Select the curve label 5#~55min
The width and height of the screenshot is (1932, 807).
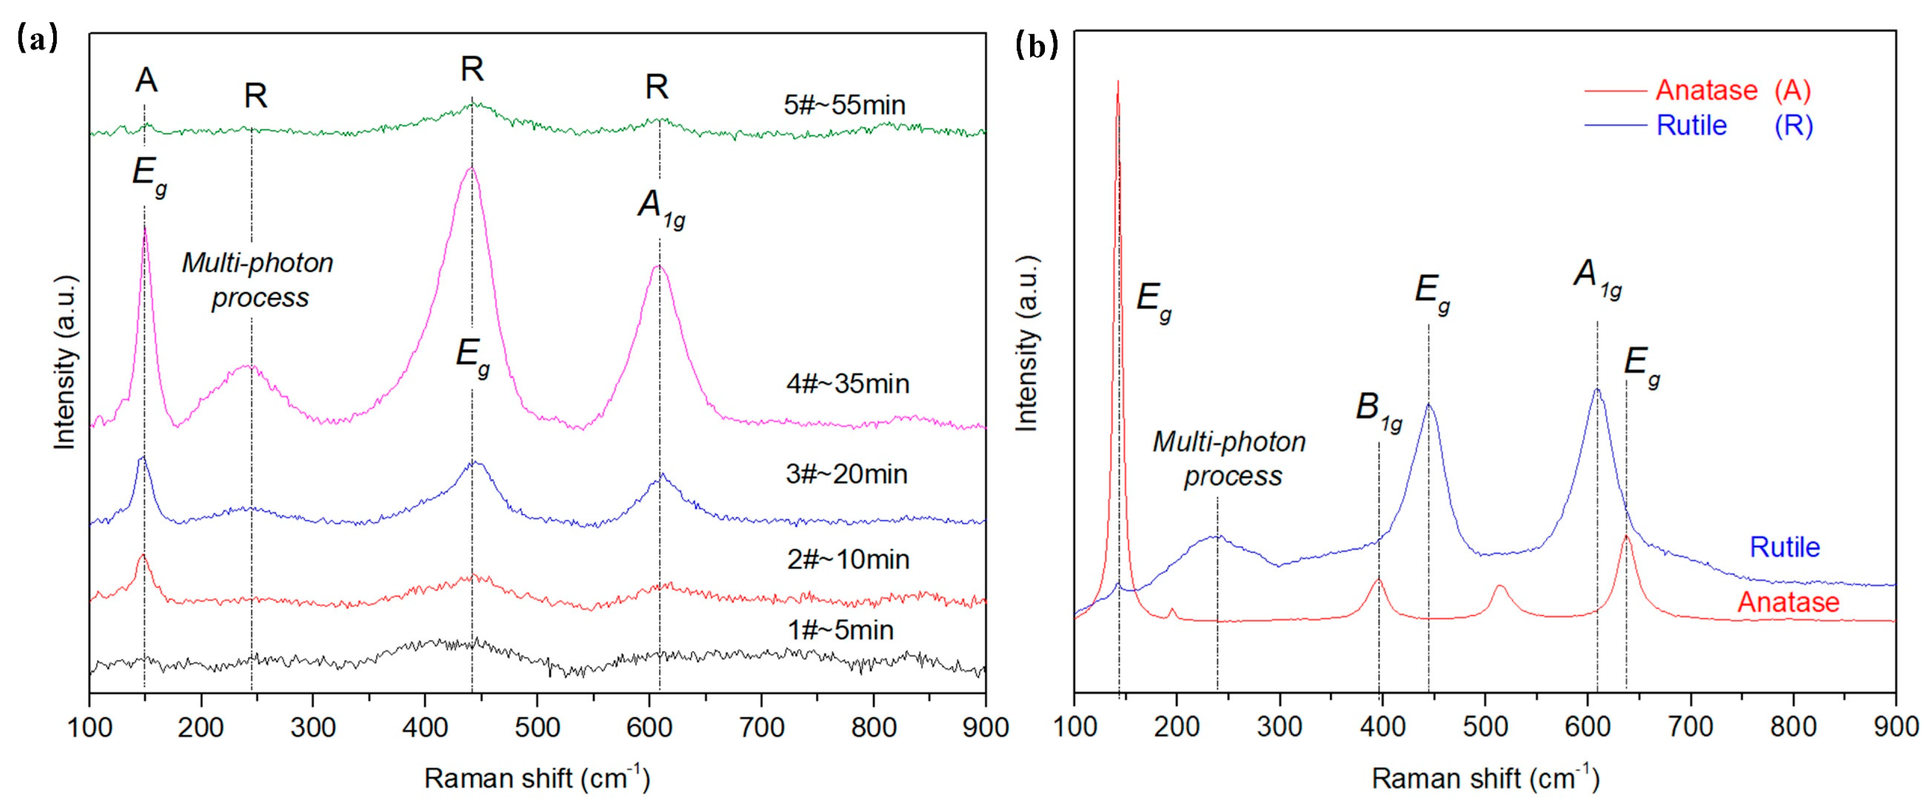click(x=844, y=104)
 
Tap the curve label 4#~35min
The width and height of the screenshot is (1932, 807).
click(x=847, y=383)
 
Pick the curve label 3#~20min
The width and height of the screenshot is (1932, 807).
click(x=847, y=473)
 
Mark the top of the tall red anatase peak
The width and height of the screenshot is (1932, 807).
click(x=1117, y=82)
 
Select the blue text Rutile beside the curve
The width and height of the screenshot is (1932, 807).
click(x=1784, y=547)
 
